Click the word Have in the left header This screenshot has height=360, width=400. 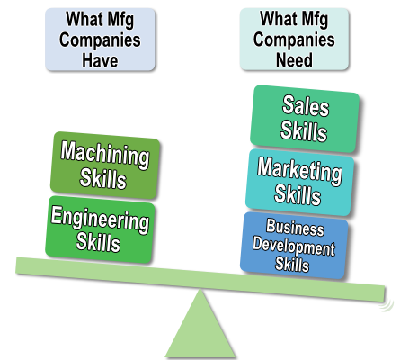100,60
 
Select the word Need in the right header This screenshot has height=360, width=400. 294,60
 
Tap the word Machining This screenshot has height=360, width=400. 105,155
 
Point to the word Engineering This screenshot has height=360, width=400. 100,219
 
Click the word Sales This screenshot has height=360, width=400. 306,105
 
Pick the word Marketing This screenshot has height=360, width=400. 299,171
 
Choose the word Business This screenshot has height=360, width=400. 295,227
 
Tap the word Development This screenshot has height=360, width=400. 294,247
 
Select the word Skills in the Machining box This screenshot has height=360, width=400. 102,178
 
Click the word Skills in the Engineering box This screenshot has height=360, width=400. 98,242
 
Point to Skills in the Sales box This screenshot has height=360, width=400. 304,130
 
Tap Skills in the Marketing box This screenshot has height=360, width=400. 298,195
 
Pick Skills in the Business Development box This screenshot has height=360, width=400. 292,264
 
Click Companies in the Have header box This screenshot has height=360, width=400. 100,40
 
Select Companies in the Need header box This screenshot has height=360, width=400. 294,40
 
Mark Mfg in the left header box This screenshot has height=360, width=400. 120,20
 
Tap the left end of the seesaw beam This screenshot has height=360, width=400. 17,265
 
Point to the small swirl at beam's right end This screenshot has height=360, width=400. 387,304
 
